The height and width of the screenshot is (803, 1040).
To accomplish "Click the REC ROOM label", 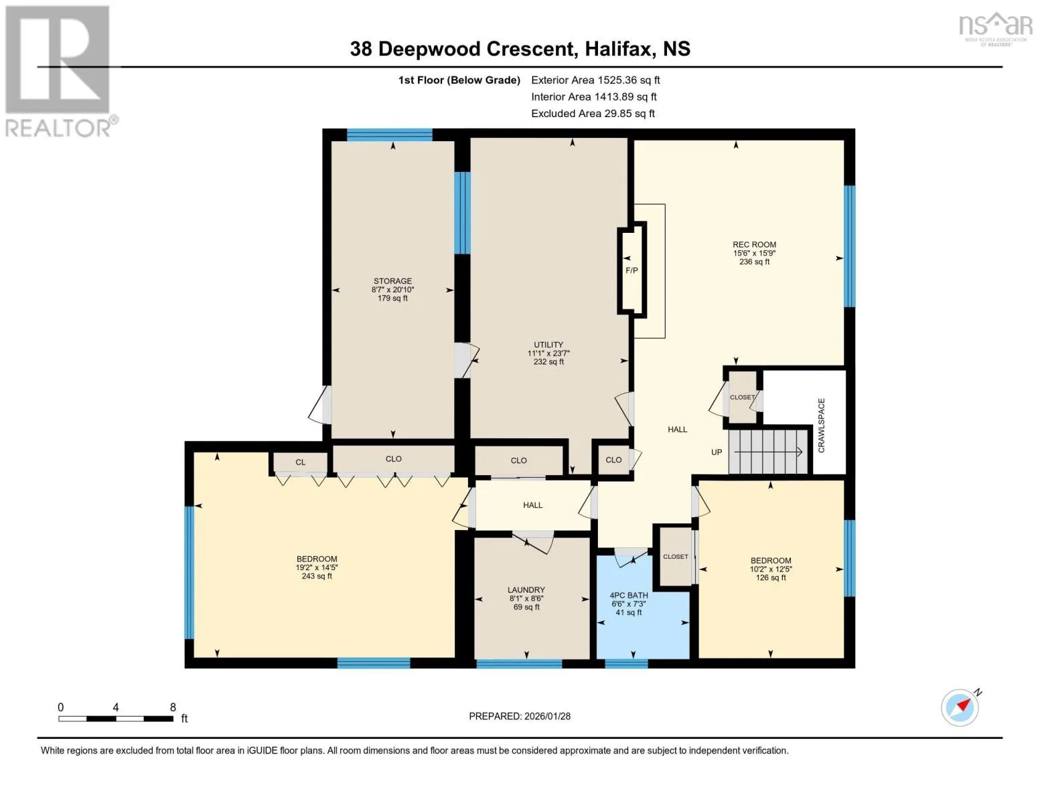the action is point(754,244).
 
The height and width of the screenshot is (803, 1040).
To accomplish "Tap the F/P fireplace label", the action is point(632,271).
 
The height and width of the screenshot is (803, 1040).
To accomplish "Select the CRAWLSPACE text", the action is point(821,425).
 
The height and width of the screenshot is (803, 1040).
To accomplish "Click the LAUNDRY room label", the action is point(526,590).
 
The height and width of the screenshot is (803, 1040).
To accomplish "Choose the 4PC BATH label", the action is point(629,596).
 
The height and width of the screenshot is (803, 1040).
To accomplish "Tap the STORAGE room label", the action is point(392,281).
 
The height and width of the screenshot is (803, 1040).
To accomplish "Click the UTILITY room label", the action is point(548,345).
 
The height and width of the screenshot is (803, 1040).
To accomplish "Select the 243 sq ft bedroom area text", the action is point(316,576).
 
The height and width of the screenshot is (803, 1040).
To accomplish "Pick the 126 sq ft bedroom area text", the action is point(771,577).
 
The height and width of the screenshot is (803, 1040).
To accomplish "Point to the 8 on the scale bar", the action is point(173,707).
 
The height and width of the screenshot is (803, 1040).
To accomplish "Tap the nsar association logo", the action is point(996,29).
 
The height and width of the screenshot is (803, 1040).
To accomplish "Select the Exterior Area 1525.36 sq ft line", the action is point(595,80).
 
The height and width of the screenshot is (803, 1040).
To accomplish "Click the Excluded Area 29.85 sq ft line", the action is point(593,114).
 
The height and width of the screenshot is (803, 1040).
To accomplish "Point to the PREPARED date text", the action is point(520,717).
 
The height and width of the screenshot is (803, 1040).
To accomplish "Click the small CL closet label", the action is point(300,462).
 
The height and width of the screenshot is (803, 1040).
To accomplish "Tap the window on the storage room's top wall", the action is point(389,135).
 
